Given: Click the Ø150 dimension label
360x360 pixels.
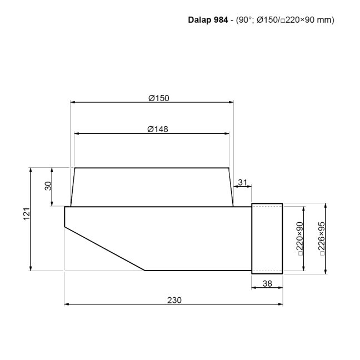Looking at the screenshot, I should tap(158, 98).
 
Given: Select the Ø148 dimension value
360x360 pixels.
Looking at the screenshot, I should tap(158, 129).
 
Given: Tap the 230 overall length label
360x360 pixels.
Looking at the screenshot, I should tap(174, 299).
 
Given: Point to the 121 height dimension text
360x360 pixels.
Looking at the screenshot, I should tap(26, 219).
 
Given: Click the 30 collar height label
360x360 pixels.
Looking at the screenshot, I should tap(48, 187).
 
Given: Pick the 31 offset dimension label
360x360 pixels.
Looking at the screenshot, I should tap(242, 182).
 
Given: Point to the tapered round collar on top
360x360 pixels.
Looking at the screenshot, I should tap(151, 187).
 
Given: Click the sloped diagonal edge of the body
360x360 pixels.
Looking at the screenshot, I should tap(104, 248).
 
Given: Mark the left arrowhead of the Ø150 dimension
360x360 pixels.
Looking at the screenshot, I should tap(73, 102).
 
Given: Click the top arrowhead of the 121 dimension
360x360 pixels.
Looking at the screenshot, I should tap(31, 169).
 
